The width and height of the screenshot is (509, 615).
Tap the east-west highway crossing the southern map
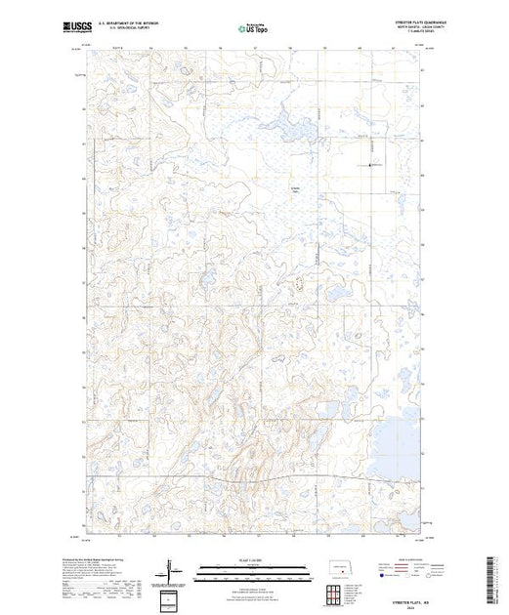coord(254,479)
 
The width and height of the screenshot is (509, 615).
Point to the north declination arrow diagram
coord(168,568)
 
